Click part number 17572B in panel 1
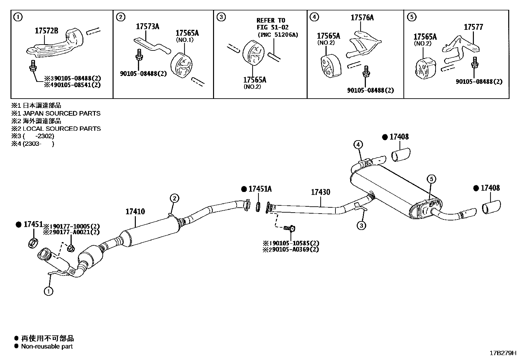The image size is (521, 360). [x=46, y=31]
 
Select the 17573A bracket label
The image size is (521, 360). [x=147, y=27]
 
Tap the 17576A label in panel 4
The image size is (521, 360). [x=362, y=18]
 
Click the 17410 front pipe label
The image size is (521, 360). [x=135, y=212]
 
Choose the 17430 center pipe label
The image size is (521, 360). [x=320, y=192]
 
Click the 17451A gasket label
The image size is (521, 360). [x=260, y=189]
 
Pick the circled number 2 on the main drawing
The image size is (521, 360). [x=174, y=198]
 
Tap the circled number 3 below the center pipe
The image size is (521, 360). [x=361, y=225]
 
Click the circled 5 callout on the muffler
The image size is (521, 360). [x=431, y=179]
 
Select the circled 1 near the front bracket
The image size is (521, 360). [x=48, y=291]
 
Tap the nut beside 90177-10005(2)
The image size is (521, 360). [x=70, y=248]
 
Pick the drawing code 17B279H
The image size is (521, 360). [x=502, y=353]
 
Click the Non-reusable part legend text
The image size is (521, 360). [x=47, y=346]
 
